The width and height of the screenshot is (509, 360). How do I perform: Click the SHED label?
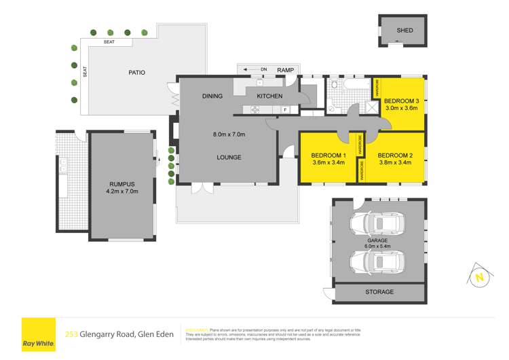404,31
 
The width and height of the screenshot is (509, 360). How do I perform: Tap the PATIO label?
136,73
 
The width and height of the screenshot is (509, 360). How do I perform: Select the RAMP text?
286,69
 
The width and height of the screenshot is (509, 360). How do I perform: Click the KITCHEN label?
269,96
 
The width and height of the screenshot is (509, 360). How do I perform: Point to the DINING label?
212,96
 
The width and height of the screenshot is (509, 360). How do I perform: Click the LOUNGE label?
229,158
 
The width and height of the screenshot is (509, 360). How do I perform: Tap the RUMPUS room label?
124,183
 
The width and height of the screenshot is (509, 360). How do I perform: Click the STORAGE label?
379,292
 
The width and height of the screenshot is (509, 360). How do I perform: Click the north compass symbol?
480,276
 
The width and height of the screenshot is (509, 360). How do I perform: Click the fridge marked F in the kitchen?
286,109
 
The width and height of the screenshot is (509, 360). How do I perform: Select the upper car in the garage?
378,223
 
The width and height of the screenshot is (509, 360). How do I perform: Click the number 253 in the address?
71,334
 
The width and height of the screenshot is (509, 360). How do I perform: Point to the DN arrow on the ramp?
254,69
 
